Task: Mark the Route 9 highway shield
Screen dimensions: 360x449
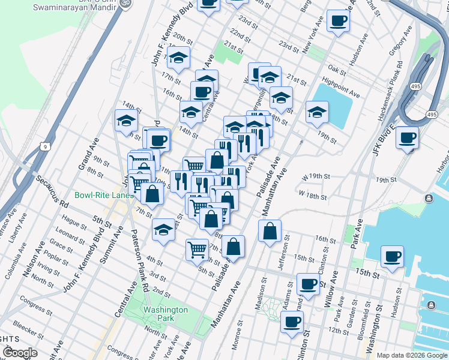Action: coord(44,146)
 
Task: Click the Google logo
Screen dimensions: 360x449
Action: coord(20,353)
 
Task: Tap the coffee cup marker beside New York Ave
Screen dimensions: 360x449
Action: coord(337,22)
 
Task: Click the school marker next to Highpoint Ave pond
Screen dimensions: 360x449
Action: coord(317,112)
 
